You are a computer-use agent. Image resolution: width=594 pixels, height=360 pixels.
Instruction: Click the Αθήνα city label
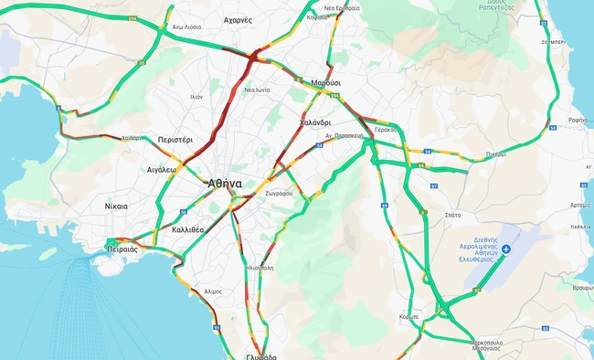(x=225, y=183)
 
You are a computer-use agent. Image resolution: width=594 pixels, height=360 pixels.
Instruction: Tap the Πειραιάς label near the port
(x=122, y=249)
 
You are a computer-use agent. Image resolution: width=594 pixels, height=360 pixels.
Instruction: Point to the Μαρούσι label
(x=326, y=82)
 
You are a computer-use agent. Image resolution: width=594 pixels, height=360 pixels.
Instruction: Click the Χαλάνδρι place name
(x=314, y=122)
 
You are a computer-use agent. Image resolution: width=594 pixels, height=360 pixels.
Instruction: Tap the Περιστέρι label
(x=175, y=140)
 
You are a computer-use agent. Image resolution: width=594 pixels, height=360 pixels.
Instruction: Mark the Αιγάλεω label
(x=161, y=169)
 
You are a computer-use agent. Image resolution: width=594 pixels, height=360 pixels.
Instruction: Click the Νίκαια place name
(x=116, y=206)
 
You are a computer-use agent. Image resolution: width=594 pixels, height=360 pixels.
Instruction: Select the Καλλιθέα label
(x=187, y=230)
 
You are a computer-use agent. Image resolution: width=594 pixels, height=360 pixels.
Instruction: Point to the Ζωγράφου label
(x=278, y=194)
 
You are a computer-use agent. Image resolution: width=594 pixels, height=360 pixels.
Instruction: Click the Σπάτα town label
(x=451, y=213)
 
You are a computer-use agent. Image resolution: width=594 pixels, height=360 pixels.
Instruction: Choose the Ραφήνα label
(x=578, y=120)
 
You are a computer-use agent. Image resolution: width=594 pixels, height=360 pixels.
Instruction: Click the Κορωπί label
(x=408, y=316)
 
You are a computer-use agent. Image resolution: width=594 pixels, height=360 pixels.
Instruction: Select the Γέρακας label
(x=386, y=130)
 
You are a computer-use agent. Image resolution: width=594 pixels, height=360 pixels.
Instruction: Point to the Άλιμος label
(x=213, y=291)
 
